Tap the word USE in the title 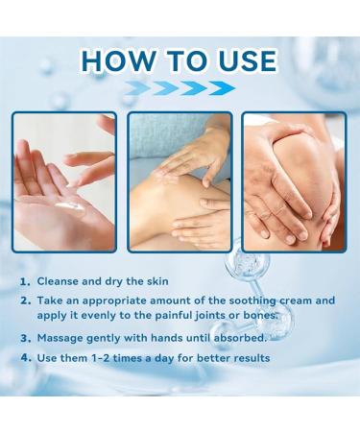247,60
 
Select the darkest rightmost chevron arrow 222,88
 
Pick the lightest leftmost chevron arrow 137,88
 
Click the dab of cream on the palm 69,205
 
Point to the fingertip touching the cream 73,184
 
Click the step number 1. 25,282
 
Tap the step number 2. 25,301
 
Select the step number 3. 25,338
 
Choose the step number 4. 26,358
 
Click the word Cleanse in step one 58,281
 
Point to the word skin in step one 157,281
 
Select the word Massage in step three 60,338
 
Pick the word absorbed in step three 240,338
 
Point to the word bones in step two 260,316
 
